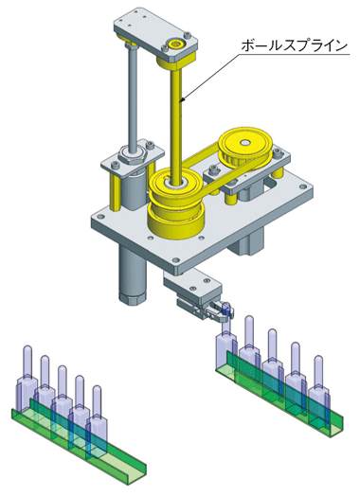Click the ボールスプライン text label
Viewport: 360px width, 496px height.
click(294, 45)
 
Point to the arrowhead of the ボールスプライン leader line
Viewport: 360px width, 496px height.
click(182, 101)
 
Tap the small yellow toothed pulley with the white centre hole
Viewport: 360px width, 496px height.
click(245, 148)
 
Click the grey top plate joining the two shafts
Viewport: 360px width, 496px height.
click(155, 35)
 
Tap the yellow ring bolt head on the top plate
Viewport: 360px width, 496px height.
click(174, 44)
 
